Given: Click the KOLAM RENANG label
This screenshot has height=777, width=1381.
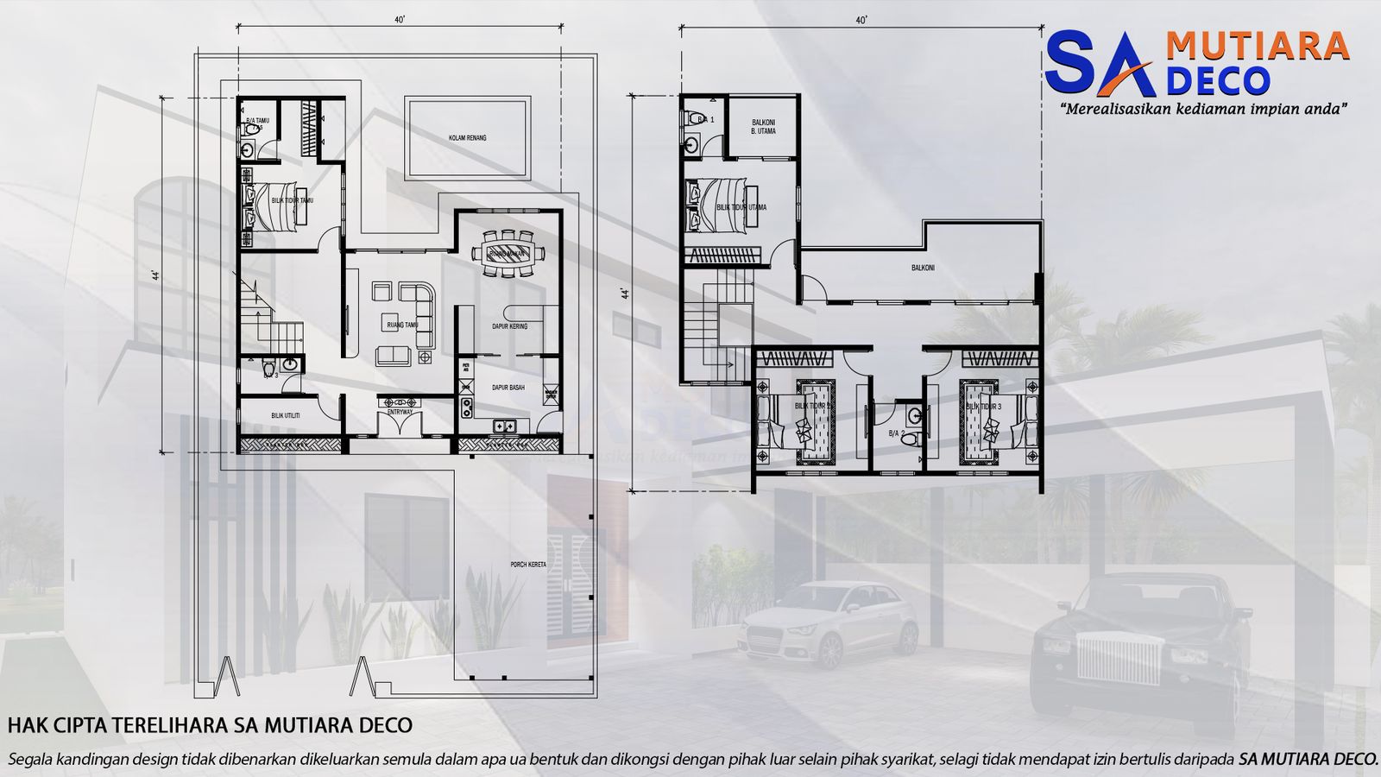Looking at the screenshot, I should [467, 138].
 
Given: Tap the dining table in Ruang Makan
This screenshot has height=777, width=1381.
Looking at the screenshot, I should [508, 253].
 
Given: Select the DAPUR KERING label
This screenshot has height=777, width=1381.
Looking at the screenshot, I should [509, 326].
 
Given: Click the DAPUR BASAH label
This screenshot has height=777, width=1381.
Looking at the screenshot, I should [508, 388].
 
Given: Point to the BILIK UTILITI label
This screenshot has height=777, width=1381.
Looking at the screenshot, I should [286, 415].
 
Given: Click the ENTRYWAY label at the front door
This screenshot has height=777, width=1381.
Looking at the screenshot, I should [400, 413].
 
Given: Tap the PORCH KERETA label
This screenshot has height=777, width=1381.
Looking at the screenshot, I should [528, 565].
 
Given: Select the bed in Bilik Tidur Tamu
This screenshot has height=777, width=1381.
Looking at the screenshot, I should [274, 205].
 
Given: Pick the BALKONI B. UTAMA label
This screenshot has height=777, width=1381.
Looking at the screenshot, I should [763, 127].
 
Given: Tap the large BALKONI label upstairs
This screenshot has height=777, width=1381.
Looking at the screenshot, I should [923, 268].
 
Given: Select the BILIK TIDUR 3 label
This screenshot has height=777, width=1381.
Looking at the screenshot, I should [983, 406].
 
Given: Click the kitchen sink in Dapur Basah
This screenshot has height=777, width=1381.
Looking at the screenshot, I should [467, 407].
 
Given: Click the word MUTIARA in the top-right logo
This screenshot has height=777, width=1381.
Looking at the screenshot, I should [1257, 45].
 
